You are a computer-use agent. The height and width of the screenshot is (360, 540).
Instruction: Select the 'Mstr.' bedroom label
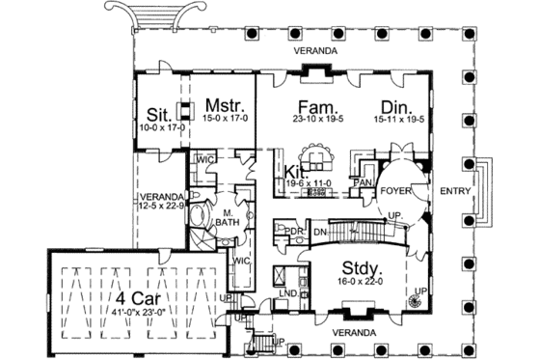pyautogui.click(x=224, y=103)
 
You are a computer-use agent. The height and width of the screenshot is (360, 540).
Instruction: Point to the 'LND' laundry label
pyautogui.click(x=286, y=291)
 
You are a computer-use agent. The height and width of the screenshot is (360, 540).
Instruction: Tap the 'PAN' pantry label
pyautogui.click(x=364, y=180)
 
